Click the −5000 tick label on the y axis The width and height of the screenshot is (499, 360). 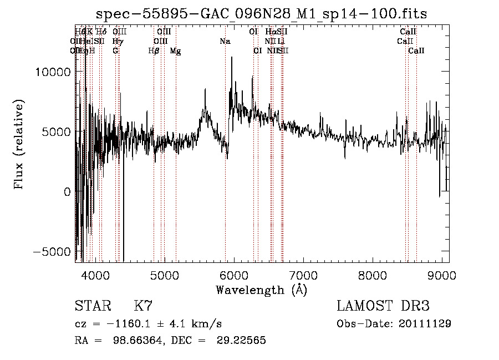[53, 251]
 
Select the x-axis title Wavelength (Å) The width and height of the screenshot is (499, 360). [261, 290]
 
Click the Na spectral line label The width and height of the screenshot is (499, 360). [225, 42]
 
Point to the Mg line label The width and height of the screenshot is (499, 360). [175, 52]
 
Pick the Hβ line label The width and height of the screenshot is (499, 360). [154, 51]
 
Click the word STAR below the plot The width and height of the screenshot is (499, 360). [92, 306]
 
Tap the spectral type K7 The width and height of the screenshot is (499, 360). [143, 306]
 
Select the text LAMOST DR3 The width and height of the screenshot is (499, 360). [383, 306]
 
